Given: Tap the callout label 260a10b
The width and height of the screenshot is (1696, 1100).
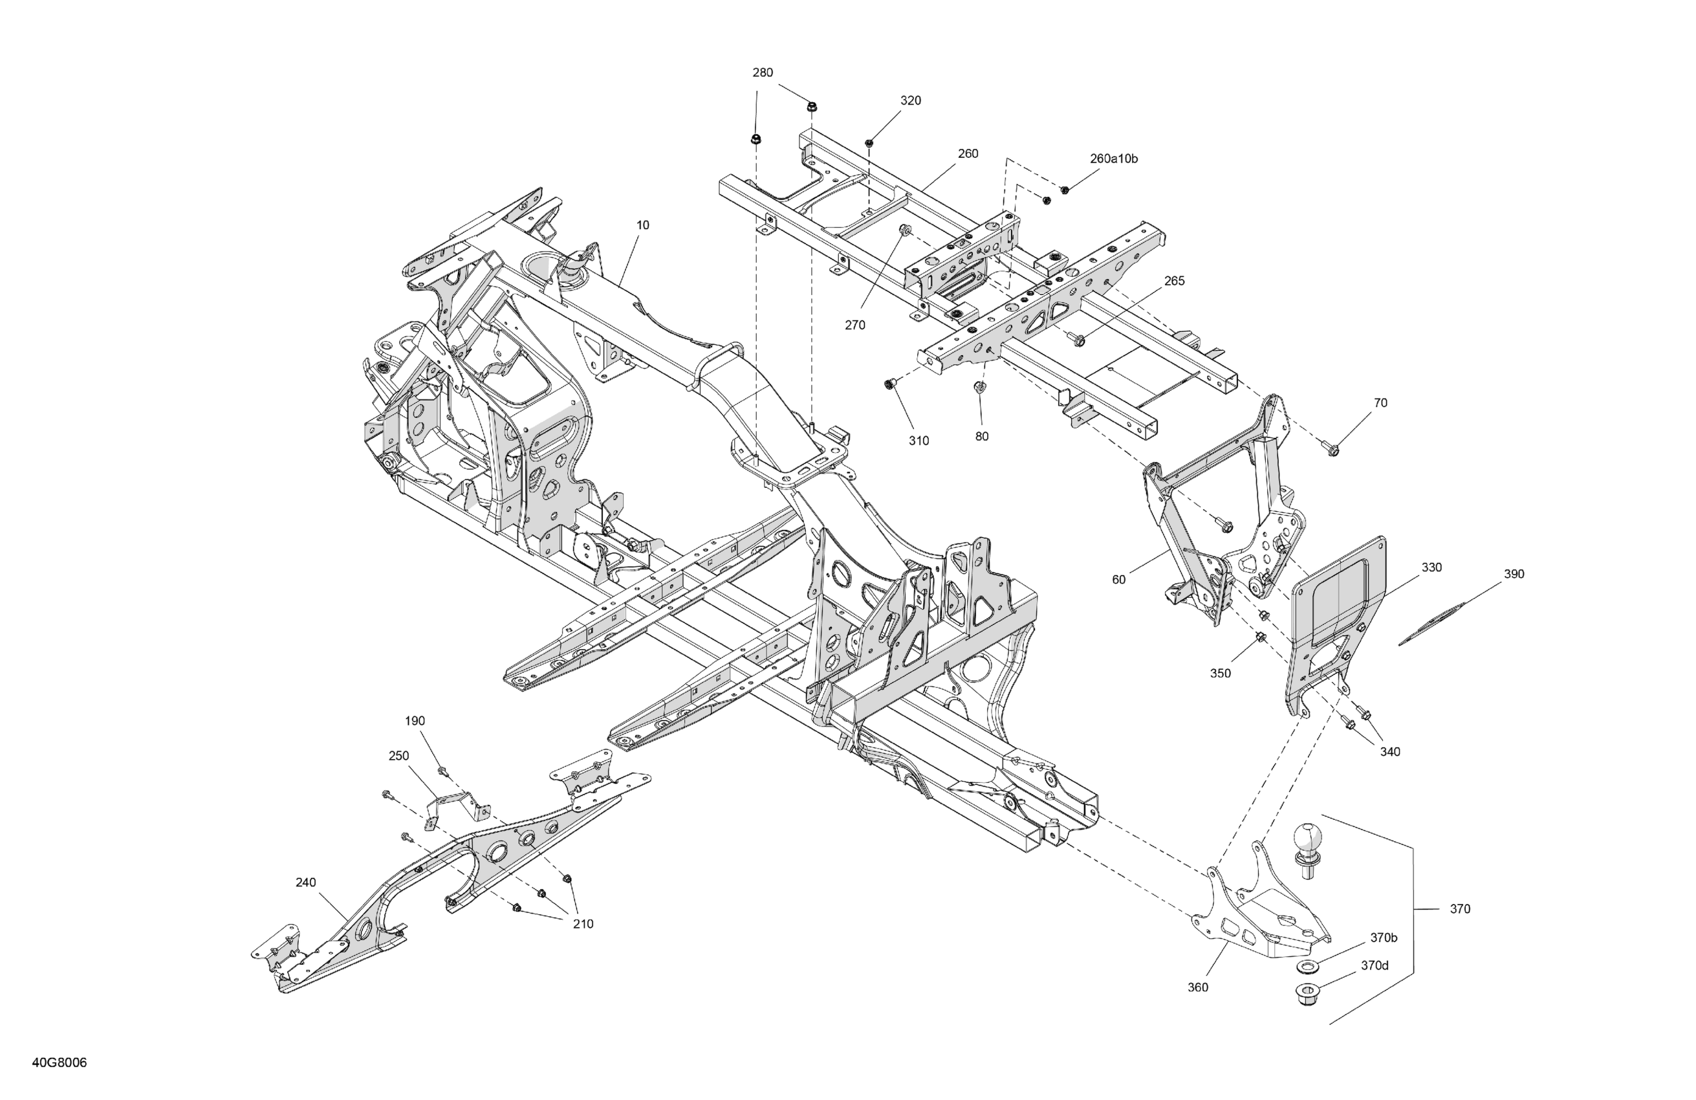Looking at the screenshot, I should tap(1113, 159).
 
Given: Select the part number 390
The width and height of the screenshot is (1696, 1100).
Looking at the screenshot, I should tap(1514, 574).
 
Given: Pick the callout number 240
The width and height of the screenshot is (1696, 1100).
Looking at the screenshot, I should tap(306, 883).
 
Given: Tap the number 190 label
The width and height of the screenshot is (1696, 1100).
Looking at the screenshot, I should tap(415, 721).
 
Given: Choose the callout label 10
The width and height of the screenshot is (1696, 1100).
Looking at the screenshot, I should tap(643, 225).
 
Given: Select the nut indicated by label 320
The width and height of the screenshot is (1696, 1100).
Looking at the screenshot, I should tap(869, 143).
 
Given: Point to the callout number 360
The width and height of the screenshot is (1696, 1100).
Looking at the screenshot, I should tap(1198, 987).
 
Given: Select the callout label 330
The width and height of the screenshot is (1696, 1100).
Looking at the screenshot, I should tap(1431, 567).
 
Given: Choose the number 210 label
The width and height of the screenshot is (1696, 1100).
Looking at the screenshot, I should tap(583, 924).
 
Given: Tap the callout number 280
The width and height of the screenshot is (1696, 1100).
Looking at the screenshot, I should tap(763, 72).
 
